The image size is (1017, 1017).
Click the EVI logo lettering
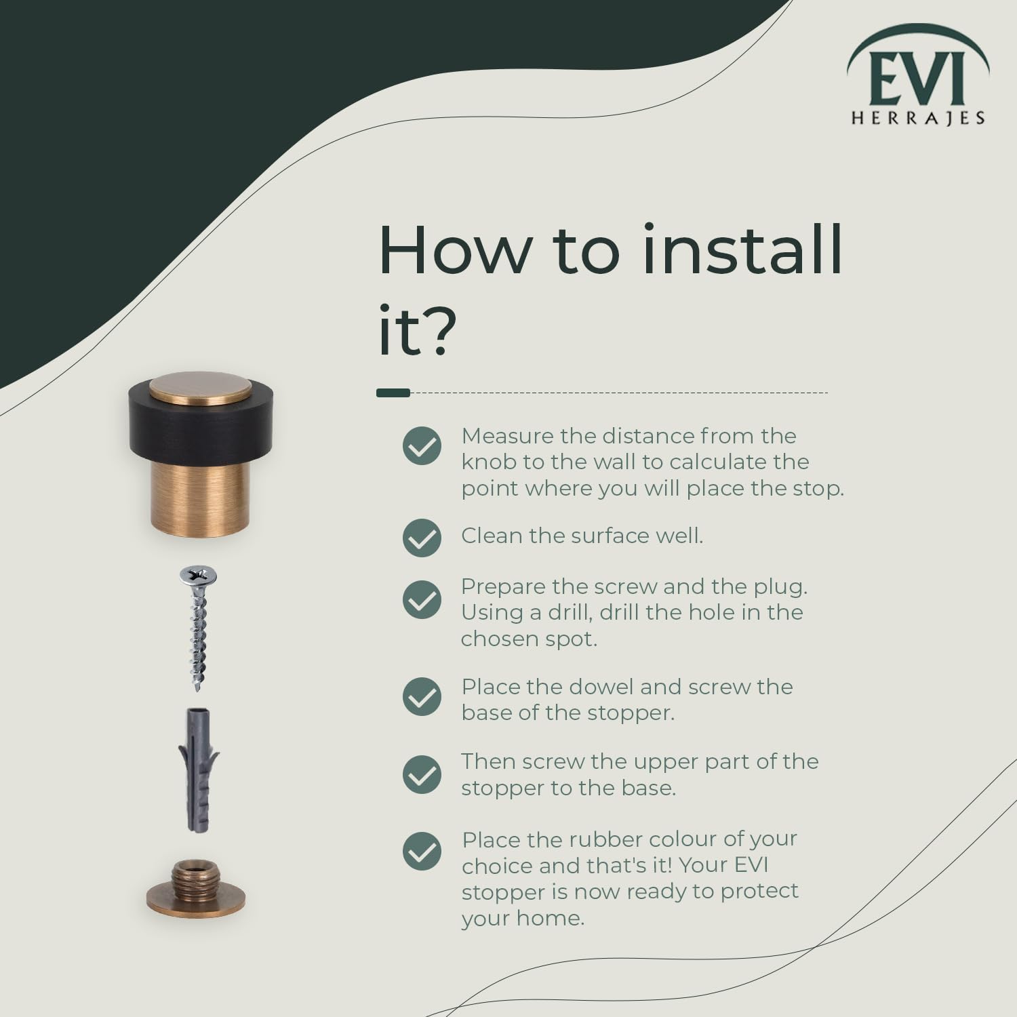(917, 79)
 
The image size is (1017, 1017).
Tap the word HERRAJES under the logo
(918, 119)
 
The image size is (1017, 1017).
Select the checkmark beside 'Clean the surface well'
(422, 538)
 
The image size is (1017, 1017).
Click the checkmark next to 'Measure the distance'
(422, 445)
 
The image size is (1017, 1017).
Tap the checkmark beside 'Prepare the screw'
(422, 599)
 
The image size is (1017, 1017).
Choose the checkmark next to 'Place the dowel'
(422, 696)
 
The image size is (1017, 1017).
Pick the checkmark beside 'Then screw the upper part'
(422, 774)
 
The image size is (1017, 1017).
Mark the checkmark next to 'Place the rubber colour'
(422, 851)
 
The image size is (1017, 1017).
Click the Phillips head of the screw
(198, 576)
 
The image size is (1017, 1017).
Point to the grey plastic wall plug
(198, 770)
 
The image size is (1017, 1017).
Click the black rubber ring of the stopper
(200, 427)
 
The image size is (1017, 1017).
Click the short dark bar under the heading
(393, 393)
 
